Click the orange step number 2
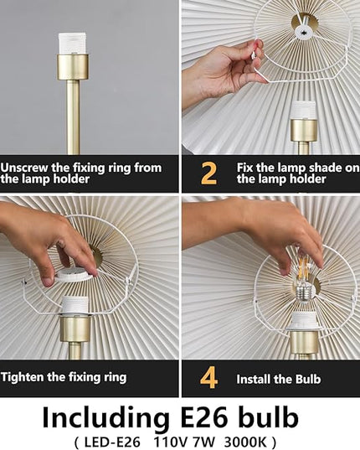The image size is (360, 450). tap(208, 173)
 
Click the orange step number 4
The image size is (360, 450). tap(208, 378)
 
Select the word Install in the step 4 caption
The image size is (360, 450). tap(253, 379)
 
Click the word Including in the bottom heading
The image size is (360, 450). tap(105, 419)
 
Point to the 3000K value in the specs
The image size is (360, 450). tap(246, 442)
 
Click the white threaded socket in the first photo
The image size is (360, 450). tap(72, 44)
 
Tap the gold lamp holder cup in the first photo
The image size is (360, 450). tap(73, 67)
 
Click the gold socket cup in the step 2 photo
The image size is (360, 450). tap(305, 130)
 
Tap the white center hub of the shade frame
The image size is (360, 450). tap(304, 29)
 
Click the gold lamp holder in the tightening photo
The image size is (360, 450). tap(75, 328)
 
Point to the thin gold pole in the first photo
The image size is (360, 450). tap(74, 117)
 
